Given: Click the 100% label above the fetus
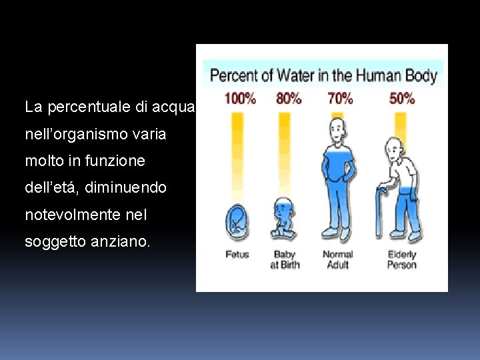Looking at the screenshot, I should tap(240, 99).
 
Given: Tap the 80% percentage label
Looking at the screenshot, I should tap(289, 99).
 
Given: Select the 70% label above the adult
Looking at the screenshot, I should tap(340, 99).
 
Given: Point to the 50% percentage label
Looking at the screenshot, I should tap(402, 99).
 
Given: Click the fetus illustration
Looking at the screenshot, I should tap(237, 221).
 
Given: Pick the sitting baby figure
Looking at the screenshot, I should tap(285, 218).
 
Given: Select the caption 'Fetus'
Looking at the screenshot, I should tap(237, 255).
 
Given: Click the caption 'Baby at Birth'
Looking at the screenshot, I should tap(285, 259).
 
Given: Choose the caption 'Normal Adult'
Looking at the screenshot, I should tap(338, 259).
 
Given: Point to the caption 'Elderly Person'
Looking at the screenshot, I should tap(402, 259).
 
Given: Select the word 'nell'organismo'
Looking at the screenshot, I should tap(70, 134).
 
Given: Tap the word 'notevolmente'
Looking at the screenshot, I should tap(68, 215).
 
